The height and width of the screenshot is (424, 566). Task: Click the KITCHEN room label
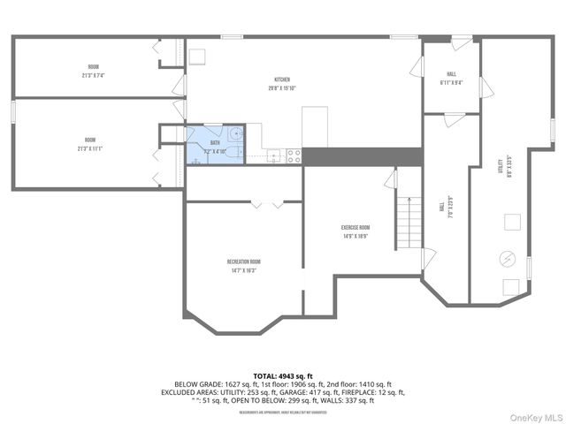pos(282,82)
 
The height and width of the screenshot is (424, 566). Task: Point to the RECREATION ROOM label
pos(243,266)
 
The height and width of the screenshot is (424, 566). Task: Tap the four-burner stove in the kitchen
pos(293,155)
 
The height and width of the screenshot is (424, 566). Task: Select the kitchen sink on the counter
pos(275,156)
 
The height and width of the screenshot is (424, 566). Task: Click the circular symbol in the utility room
pos(508,258)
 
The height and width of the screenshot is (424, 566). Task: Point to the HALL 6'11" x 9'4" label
pos(451,79)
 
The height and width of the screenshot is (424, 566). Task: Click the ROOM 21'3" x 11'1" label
pos(91,144)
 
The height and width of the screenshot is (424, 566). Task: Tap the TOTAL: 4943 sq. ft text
pos(282,376)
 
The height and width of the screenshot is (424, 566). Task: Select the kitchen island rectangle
pos(316,127)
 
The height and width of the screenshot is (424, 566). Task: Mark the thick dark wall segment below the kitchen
pos(362,155)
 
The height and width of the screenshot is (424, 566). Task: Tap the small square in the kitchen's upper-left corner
pos(198,56)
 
